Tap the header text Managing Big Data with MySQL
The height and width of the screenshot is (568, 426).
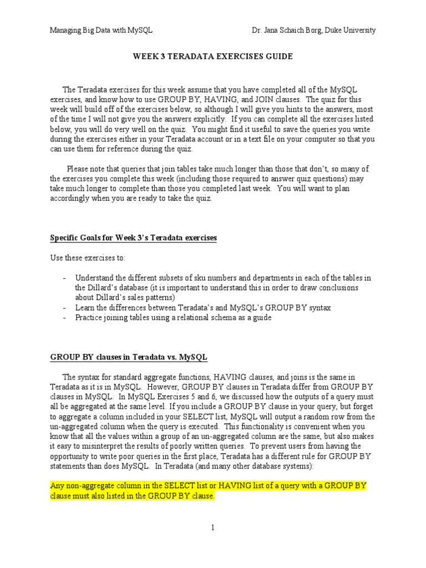101,30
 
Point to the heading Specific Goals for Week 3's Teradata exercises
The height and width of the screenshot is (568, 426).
133,238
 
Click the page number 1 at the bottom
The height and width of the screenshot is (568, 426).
212,528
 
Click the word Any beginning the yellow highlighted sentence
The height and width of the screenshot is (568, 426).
58,485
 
